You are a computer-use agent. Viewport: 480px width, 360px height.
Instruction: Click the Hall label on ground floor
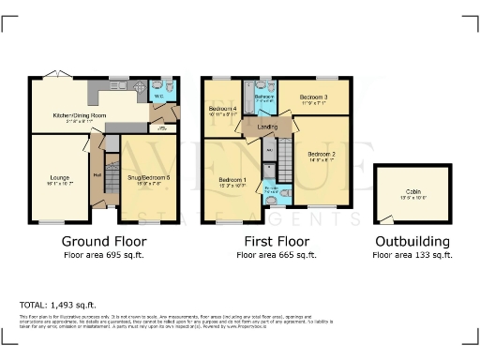[97, 174]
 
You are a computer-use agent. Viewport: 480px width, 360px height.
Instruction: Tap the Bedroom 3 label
[313, 97]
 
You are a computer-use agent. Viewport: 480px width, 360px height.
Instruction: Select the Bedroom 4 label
[222, 111]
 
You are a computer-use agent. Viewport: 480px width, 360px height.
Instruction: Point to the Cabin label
[412, 190]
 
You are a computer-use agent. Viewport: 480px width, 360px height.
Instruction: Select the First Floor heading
[278, 240]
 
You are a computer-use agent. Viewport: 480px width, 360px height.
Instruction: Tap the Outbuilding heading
[412, 240]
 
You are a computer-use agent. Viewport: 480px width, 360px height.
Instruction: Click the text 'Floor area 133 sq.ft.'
[412, 254]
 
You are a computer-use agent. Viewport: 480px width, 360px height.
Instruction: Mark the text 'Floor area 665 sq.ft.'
[278, 254]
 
